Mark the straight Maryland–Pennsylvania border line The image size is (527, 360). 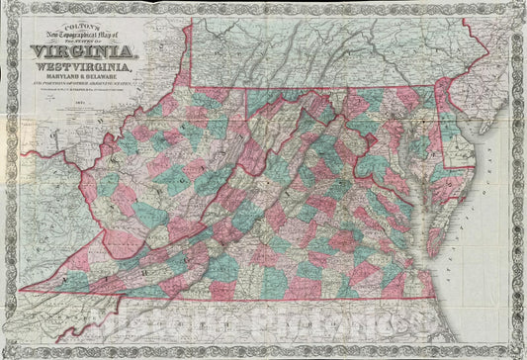coord(326,88)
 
